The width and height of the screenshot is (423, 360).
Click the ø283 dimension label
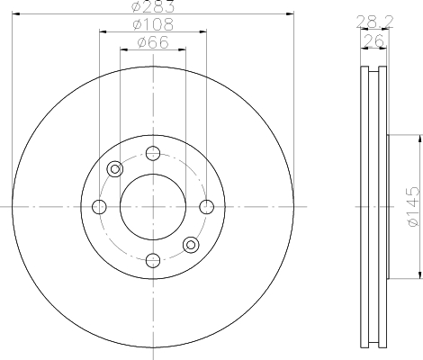(152, 7)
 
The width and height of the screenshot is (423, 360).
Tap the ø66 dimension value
(152, 41)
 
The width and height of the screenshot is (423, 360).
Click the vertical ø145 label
(410, 206)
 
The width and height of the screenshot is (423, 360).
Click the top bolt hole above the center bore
(152, 152)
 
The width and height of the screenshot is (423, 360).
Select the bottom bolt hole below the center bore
(152, 261)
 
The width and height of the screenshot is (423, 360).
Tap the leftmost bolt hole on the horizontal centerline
(99, 207)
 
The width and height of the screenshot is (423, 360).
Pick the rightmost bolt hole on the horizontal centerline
(206, 207)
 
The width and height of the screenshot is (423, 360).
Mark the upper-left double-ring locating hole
(114, 169)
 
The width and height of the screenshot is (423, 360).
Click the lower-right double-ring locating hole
(190, 245)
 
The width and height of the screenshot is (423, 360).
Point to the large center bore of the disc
(152, 207)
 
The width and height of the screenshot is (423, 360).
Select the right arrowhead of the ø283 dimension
(291, 13)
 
